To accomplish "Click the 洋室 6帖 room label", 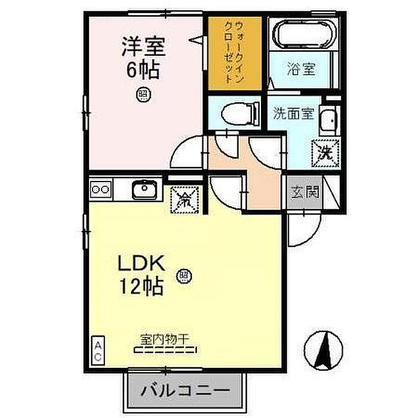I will point(143,57).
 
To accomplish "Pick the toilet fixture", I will point(237,112).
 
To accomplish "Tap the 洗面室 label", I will point(294,113).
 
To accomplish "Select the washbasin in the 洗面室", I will point(327,123).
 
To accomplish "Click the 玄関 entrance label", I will point(305,192).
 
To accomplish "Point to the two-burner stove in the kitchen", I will point(100,190).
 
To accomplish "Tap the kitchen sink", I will point(144,190).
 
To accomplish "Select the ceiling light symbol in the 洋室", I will point(143,93).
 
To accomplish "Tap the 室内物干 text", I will point(164,339).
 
